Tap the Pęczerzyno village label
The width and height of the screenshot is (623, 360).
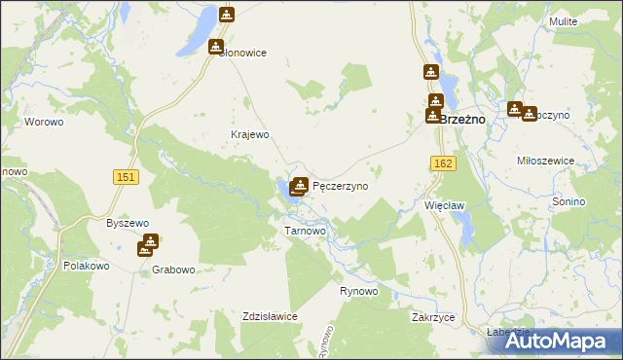click(x=340, y=185)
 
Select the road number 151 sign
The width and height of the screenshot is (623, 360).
click(x=125, y=176)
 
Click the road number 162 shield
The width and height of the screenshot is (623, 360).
click(x=444, y=164)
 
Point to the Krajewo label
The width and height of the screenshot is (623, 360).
click(x=248, y=134)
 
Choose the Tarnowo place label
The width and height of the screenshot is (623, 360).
click(x=304, y=232)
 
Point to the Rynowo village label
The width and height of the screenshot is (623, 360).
click(x=358, y=292)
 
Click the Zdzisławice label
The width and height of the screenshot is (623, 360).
click(x=270, y=317)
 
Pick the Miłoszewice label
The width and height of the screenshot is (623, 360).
click(x=547, y=161)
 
